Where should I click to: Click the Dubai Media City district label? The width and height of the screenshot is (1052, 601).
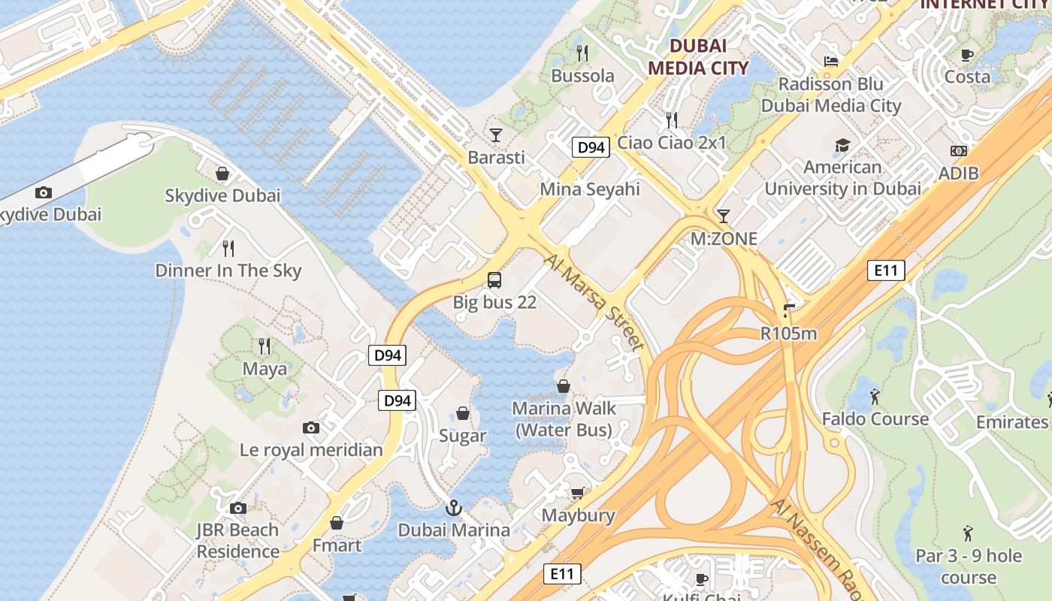pyautogui.click(x=698, y=56)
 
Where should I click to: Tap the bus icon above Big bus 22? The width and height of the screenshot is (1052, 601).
pyautogui.click(x=494, y=280)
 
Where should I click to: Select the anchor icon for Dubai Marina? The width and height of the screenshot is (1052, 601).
pyautogui.click(x=453, y=508)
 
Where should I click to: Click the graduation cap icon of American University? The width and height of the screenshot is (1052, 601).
pyautogui.click(x=842, y=145)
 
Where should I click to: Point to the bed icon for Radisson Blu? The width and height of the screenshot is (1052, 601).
pyautogui.click(x=831, y=62)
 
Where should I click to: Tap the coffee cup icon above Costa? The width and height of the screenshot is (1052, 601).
pyautogui.click(x=967, y=55)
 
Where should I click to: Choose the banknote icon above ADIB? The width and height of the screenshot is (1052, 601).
pyautogui.click(x=959, y=151)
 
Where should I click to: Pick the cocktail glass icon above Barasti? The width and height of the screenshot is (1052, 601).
pyautogui.click(x=495, y=135)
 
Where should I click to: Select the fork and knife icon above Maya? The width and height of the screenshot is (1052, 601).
pyautogui.click(x=265, y=346)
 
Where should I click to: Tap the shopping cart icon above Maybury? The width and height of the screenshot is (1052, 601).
pyautogui.click(x=578, y=494)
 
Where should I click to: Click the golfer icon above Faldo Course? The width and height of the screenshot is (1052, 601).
pyautogui.click(x=875, y=396)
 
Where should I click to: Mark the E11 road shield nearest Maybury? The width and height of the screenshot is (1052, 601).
pyautogui.click(x=562, y=575)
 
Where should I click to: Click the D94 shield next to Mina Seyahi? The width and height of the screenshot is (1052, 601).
pyautogui.click(x=590, y=147)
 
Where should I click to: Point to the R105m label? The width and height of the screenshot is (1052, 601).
pyautogui.click(x=788, y=334)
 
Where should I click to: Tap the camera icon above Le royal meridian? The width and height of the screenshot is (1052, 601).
pyautogui.click(x=311, y=427)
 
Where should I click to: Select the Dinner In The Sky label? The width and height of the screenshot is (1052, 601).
pyautogui.click(x=228, y=270)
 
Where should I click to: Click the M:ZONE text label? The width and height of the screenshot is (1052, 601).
pyautogui.click(x=724, y=239)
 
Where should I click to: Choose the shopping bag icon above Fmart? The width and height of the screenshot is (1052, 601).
pyautogui.click(x=337, y=523)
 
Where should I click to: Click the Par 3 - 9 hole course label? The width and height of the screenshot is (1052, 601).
pyautogui.click(x=969, y=566)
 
